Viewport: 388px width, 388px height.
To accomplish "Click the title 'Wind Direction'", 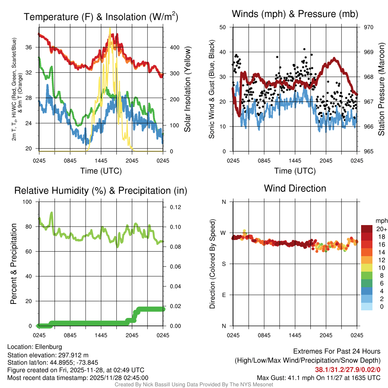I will (x=295, y=188).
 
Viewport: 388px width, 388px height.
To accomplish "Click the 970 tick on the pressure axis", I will (x=369, y=27).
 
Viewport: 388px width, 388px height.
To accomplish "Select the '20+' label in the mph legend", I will (x=381, y=229).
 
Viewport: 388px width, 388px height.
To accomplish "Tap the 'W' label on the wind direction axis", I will (x=224, y=233).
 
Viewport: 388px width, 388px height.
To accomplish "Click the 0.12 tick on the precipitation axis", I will (x=174, y=207).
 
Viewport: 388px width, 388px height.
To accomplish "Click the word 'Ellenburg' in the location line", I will (x=48, y=347).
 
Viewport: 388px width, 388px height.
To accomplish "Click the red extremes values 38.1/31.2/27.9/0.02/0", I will (x=347, y=369).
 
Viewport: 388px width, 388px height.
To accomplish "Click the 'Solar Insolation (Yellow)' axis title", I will (x=187, y=89).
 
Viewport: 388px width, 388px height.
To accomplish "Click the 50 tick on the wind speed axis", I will (x=223, y=27).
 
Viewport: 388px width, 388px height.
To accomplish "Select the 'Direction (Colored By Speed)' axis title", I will (x=212, y=264).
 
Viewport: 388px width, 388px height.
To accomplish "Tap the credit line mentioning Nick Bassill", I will (x=194, y=385).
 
